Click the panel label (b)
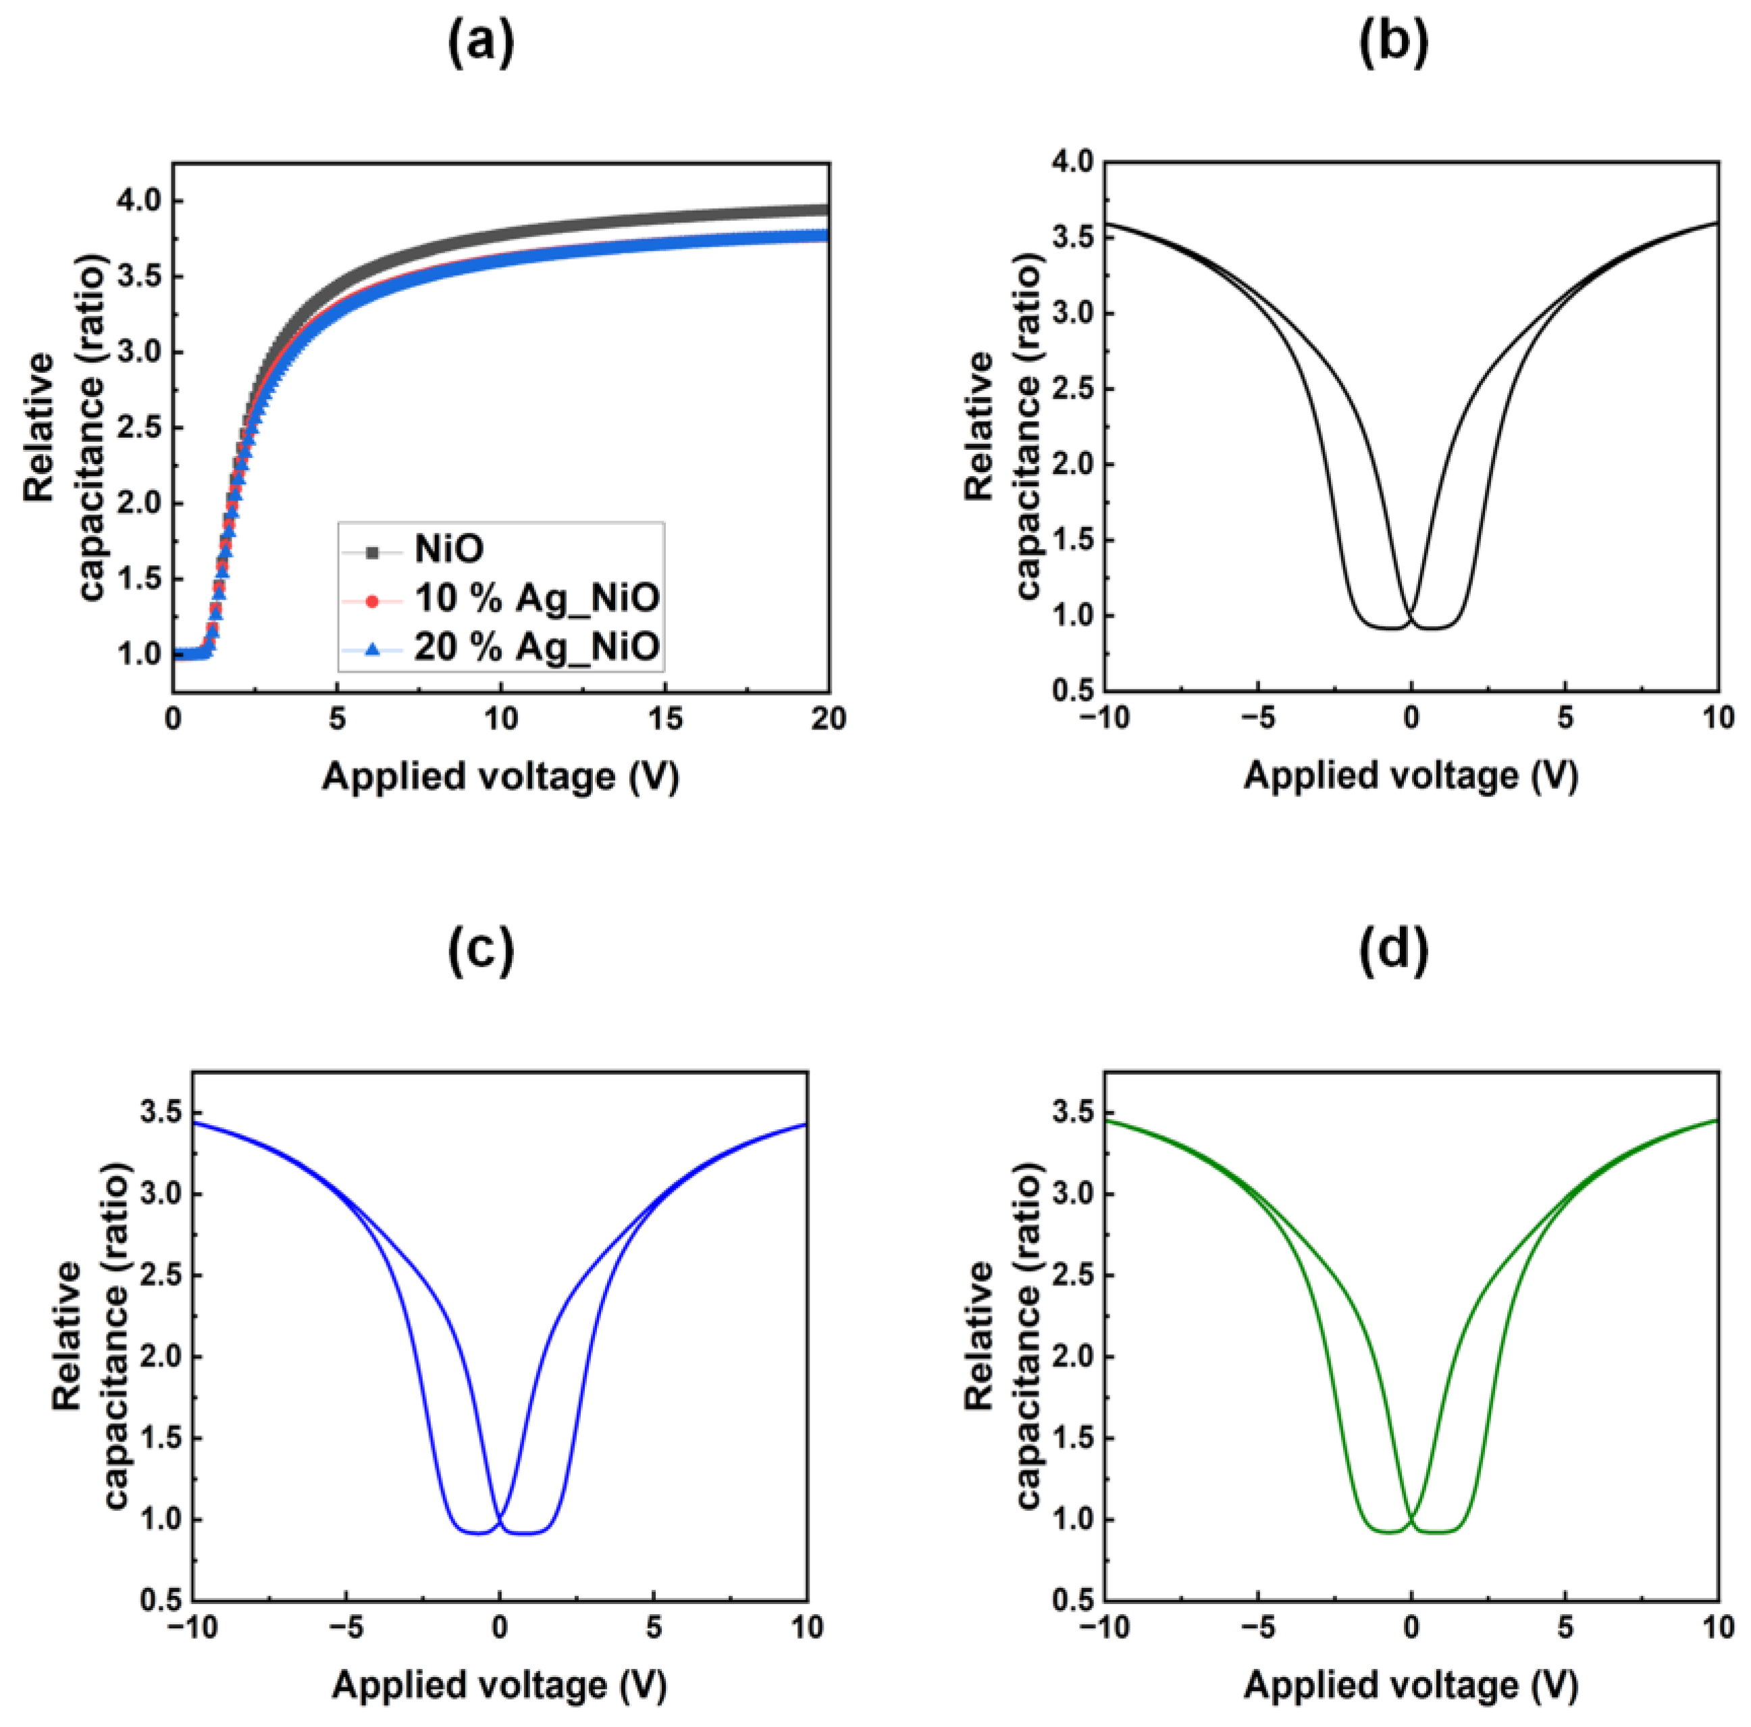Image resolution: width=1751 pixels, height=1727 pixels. point(1393,43)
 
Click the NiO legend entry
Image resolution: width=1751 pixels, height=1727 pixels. point(448,549)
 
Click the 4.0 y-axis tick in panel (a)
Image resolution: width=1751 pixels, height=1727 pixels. point(138,201)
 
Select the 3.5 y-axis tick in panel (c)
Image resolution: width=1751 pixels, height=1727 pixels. point(161,1113)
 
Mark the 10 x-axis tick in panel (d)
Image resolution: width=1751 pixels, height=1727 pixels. point(1717,1628)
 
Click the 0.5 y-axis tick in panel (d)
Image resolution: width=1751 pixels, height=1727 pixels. point(1072,1600)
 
